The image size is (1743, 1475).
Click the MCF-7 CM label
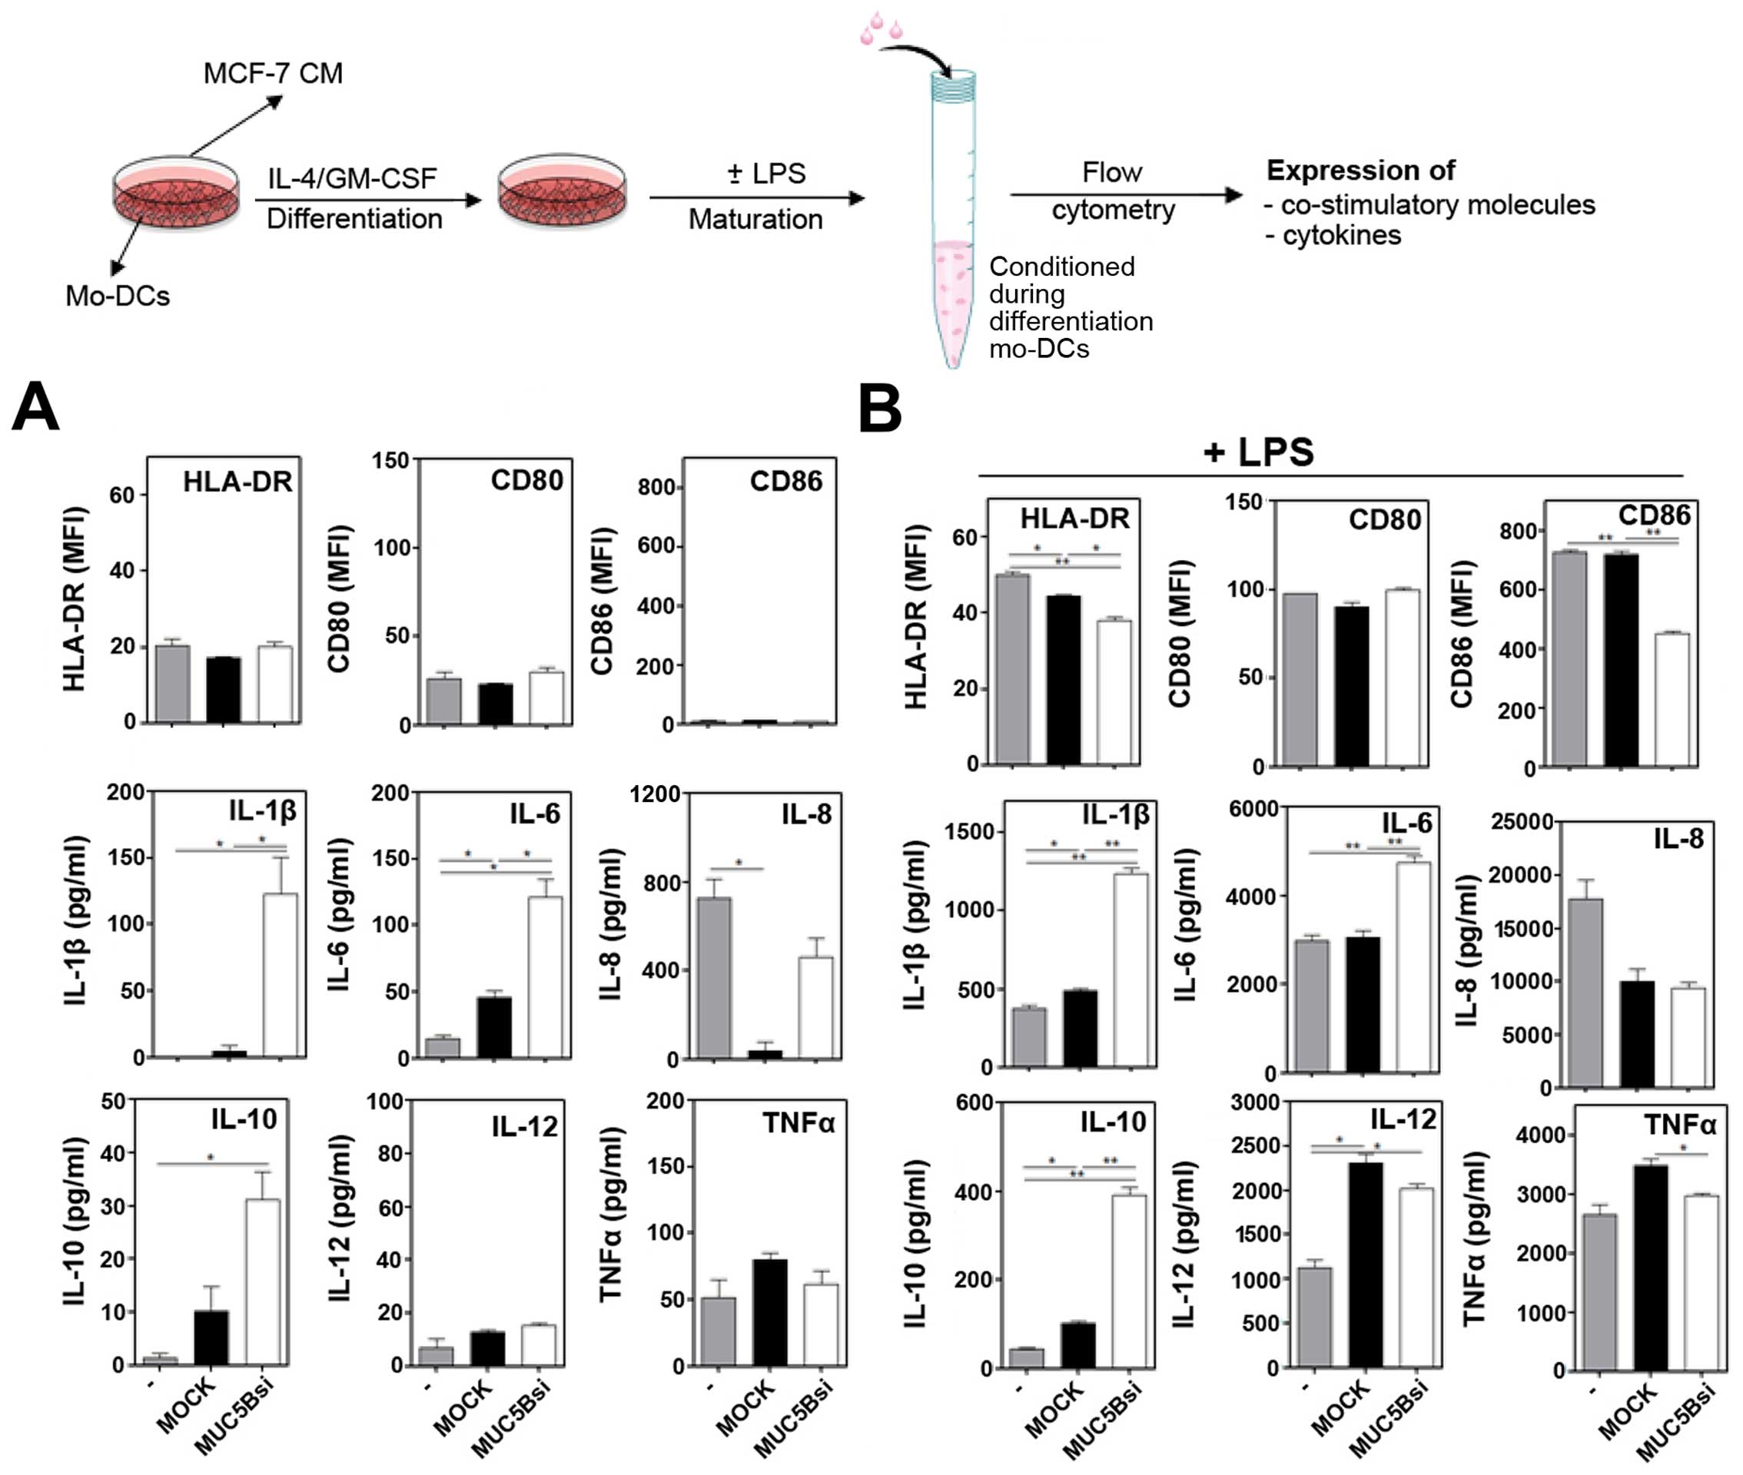click(273, 74)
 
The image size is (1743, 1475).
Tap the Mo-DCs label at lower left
click(117, 296)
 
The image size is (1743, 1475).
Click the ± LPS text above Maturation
click(766, 173)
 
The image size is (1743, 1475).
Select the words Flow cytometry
click(1112, 191)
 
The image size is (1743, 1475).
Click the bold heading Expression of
click(1360, 171)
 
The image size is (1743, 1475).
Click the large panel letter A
click(35, 407)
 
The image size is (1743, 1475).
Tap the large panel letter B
click(880, 409)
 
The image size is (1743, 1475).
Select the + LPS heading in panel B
click(1259, 452)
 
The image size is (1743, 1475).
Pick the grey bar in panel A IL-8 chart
click(714, 977)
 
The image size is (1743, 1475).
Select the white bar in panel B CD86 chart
click(1672, 699)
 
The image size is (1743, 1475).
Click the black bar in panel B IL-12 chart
click(1365, 1265)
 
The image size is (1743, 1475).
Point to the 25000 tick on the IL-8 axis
click(1522, 822)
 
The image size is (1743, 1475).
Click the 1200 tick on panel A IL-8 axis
click(655, 794)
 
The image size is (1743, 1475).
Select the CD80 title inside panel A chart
click(527, 480)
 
